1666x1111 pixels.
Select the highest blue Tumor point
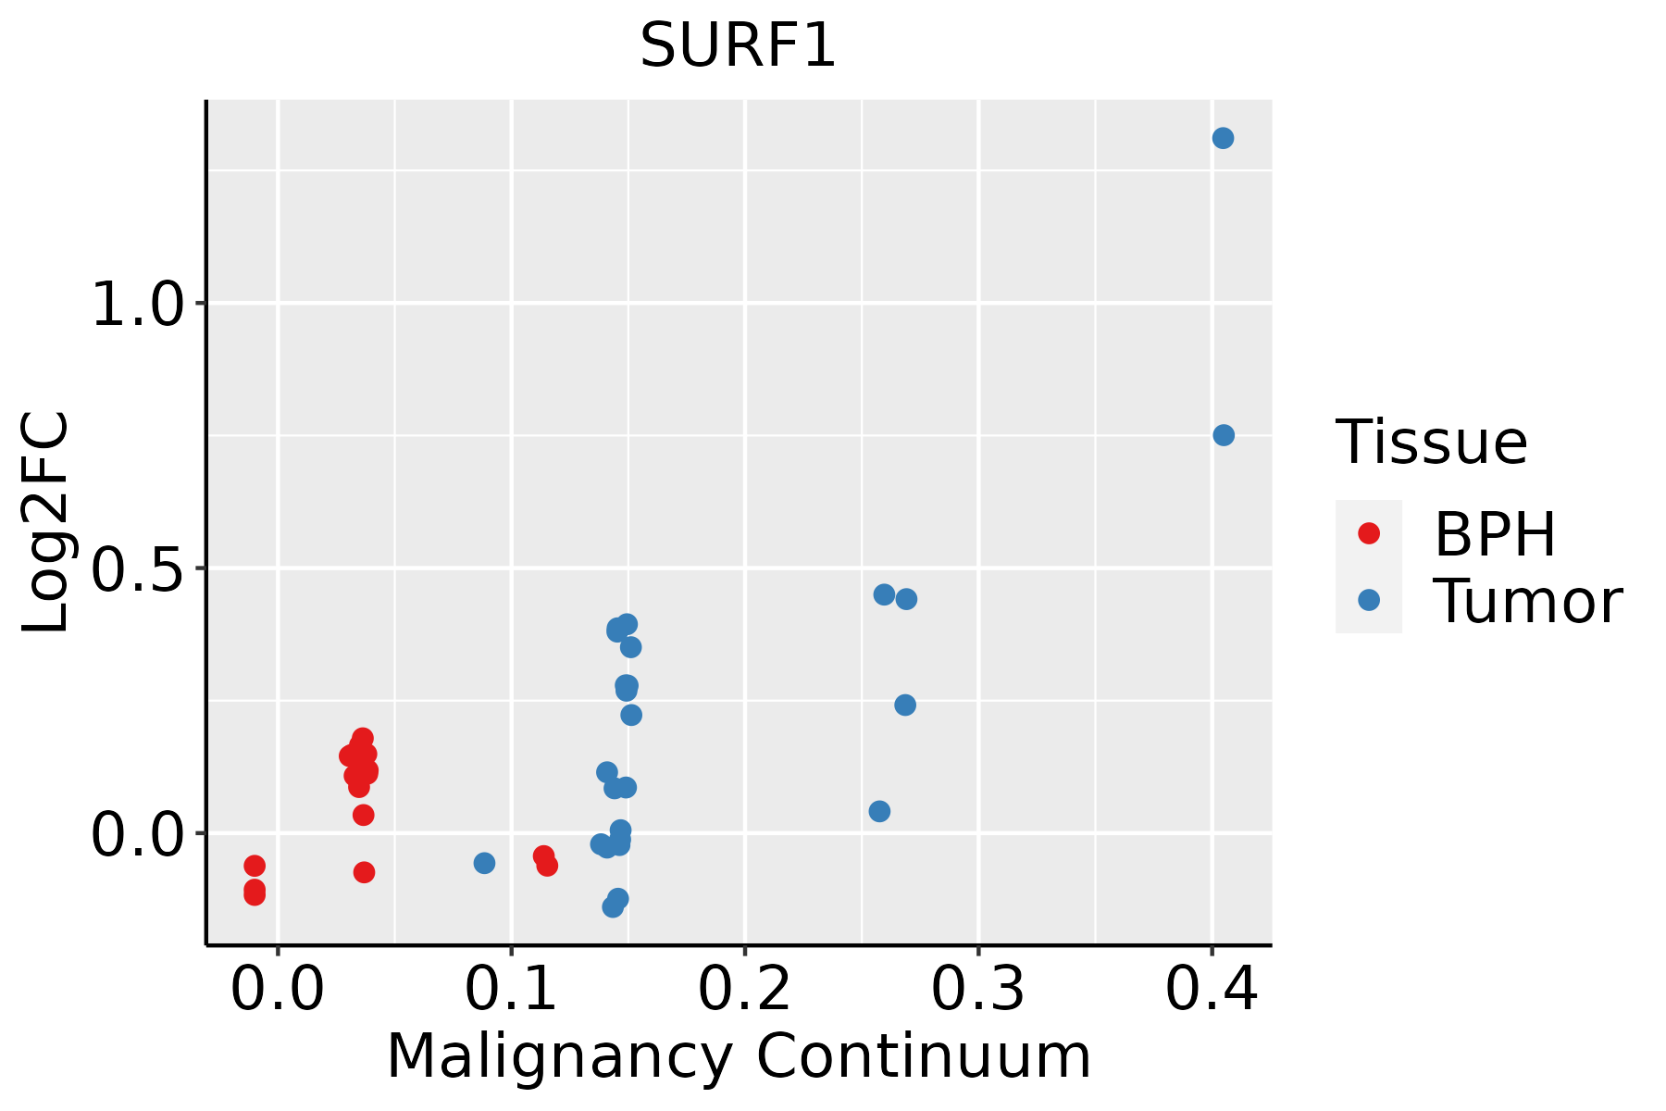1223,138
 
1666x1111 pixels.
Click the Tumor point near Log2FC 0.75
1224,435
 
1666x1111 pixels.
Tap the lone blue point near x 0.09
484,863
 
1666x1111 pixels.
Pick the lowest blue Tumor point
613,906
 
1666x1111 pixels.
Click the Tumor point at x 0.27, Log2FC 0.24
905,705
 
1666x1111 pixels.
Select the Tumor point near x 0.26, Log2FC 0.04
879,811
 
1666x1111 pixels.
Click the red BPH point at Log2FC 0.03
364,815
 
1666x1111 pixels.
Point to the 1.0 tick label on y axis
140,305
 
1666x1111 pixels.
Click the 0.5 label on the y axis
140,569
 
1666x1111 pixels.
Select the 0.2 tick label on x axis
744,990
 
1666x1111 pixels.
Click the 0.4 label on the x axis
1211,990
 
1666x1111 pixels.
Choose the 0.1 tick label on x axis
511,990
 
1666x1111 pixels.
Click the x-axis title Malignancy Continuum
739,1056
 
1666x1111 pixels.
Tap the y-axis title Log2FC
46,522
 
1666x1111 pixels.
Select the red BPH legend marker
1368,533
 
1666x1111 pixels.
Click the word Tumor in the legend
1527,602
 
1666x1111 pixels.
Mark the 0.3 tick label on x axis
977,990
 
